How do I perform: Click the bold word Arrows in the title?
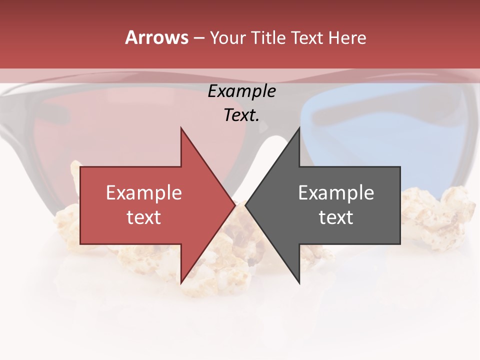[157, 37]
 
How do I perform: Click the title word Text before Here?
[308, 38]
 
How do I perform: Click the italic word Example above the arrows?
[241, 91]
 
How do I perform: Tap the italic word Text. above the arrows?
[241, 115]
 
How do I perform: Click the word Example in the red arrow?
[143, 193]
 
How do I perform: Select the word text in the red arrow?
[143, 217]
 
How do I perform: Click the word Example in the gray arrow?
[336, 193]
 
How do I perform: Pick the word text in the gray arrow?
[336, 217]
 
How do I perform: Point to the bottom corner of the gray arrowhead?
[299, 283]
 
